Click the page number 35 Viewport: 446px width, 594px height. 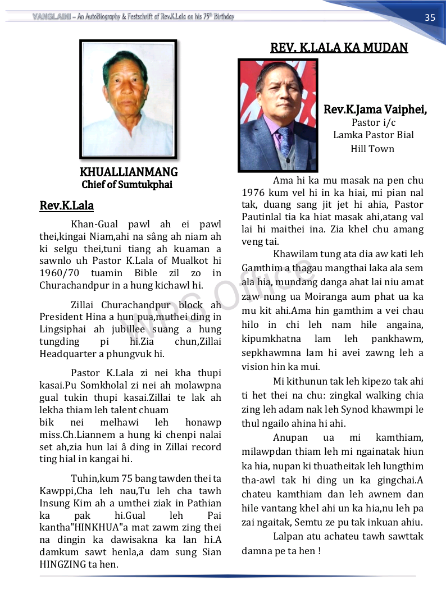point(430,17)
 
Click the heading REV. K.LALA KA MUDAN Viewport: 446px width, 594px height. point(339,48)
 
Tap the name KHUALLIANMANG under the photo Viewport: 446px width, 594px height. point(129,172)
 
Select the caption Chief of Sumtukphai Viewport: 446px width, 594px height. point(127,184)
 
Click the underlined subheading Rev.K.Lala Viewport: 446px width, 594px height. point(66,205)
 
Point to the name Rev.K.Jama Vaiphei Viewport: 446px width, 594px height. point(375,110)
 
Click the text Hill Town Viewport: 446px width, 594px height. point(372,149)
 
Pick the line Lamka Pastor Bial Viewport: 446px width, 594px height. point(373,135)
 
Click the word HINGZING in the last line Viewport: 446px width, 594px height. point(65,564)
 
